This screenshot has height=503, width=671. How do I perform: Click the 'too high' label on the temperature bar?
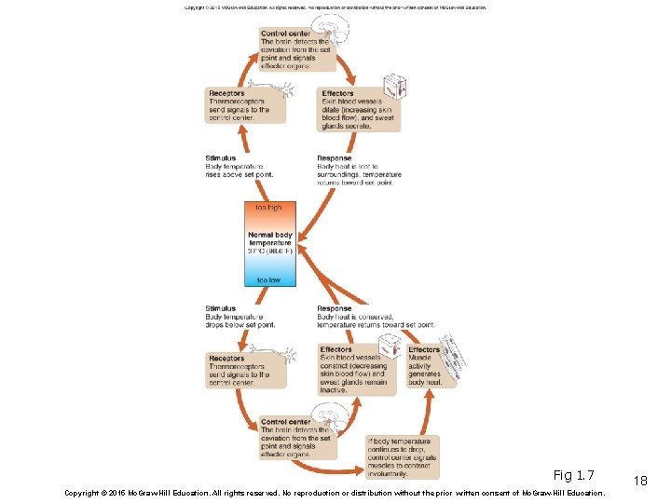pyautogui.click(x=269, y=208)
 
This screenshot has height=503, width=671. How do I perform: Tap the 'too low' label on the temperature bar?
pyautogui.click(x=269, y=279)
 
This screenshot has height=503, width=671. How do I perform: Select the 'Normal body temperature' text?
pyautogui.click(x=270, y=238)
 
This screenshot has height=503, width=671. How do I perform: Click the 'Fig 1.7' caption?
pyautogui.click(x=573, y=475)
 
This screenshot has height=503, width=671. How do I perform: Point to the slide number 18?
pyautogui.click(x=639, y=480)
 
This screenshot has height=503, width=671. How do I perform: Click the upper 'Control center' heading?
pyautogui.click(x=286, y=34)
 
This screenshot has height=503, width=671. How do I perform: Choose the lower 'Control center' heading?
pyautogui.click(x=286, y=422)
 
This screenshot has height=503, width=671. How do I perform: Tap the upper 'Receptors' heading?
pyautogui.click(x=227, y=93)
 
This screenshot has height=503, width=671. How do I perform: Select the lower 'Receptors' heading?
pyautogui.click(x=227, y=359)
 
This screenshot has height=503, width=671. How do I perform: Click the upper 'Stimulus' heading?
pyautogui.click(x=221, y=158)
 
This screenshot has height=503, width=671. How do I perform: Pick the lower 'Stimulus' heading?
pyautogui.click(x=221, y=308)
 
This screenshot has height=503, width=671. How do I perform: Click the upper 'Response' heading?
pyautogui.click(x=335, y=158)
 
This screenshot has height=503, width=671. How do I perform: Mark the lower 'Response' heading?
pyautogui.click(x=335, y=308)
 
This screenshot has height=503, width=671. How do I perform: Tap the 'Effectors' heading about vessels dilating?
pyautogui.click(x=337, y=93)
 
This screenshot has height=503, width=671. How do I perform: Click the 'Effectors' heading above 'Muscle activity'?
pyautogui.click(x=424, y=350)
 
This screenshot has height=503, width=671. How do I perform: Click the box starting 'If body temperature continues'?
pyautogui.click(x=401, y=456)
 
